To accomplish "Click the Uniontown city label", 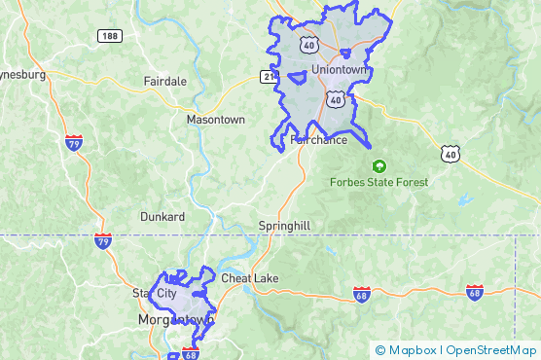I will coord(340,70).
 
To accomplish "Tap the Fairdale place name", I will coord(164,81).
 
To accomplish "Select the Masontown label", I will coord(215,120).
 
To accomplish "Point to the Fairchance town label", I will coord(318,140).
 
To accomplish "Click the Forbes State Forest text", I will coord(379,182).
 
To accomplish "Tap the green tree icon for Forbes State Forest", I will coord(379,165).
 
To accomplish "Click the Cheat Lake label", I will coord(249,278).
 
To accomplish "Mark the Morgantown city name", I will coord(176,319).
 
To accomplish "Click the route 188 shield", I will coord(110,36).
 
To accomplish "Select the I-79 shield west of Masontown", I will coord(73,143).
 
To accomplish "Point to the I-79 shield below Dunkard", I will coord(103,239).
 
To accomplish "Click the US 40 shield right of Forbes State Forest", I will coord(449,153).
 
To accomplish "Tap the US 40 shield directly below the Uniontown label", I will coord(335,99).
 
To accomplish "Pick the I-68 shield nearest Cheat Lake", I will coord(361,294).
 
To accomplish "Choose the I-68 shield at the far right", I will coord(475,292).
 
